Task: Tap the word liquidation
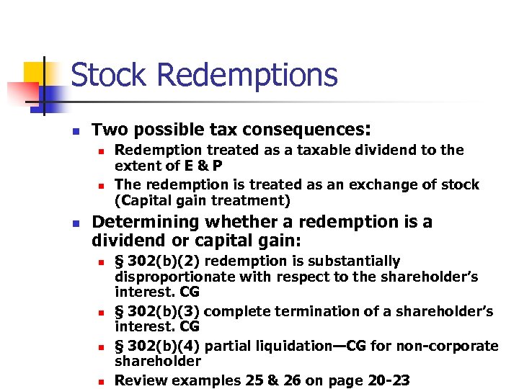(288, 346)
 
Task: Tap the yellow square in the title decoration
(34, 72)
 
